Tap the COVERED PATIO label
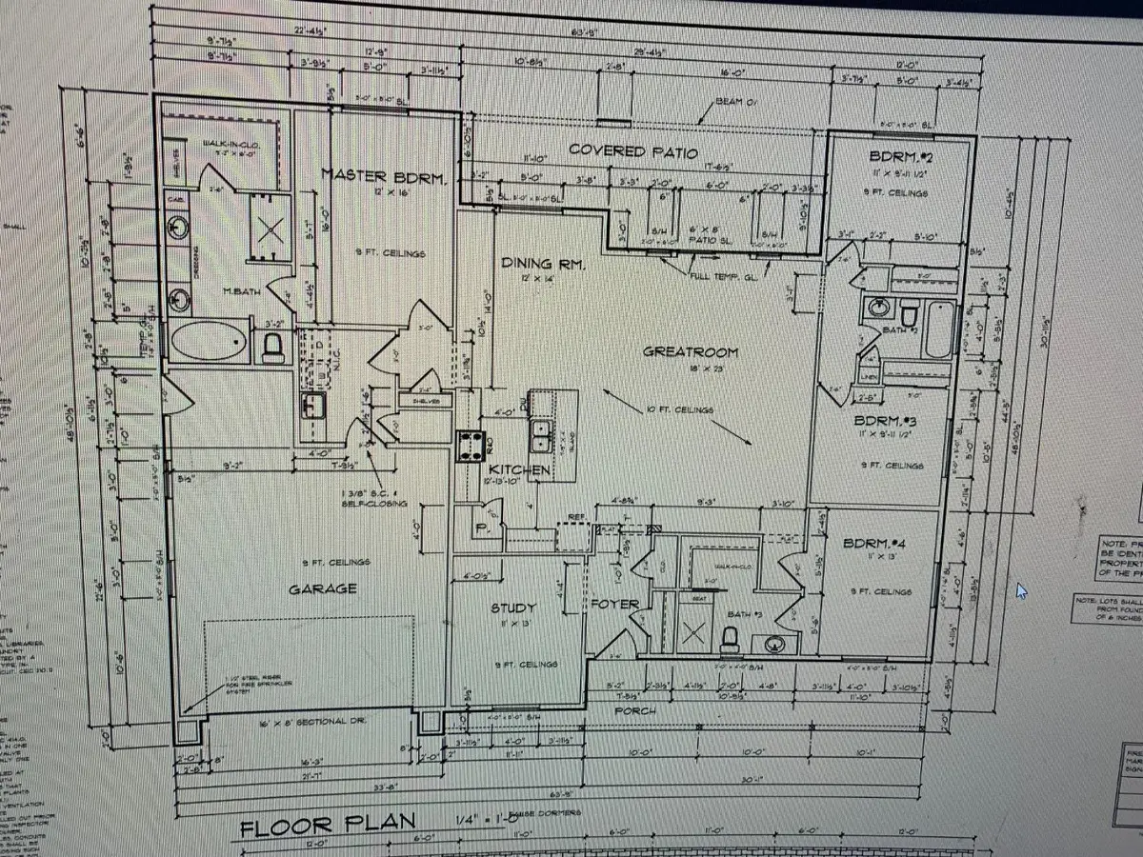(x=633, y=151)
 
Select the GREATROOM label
(x=691, y=351)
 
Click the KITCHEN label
(x=519, y=470)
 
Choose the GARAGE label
(x=323, y=588)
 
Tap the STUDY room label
(x=513, y=607)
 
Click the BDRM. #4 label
(x=877, y=544)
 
